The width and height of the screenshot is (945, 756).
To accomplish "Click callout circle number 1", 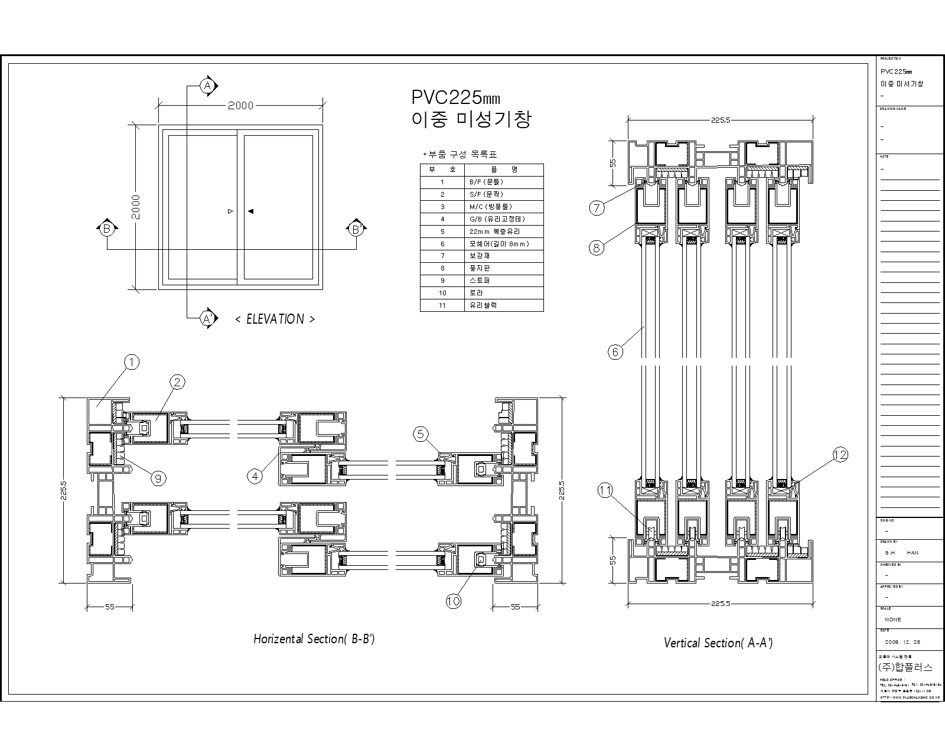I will pos(132,361).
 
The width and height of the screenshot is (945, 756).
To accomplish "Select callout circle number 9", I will pos(158,478).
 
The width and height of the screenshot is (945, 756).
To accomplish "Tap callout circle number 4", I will pos(255,475).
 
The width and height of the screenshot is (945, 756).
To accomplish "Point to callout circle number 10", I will pos(453,601).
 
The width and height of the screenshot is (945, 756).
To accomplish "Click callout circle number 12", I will pos(840,454).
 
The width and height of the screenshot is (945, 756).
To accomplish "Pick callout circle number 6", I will pos(615,352).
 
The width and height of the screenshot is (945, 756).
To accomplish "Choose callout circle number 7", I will pos(597,208).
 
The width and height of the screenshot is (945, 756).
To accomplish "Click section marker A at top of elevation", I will pos(207,86).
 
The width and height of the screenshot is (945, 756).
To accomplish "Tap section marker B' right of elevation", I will pos(356,229).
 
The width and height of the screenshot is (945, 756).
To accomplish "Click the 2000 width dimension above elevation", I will pos(240,106).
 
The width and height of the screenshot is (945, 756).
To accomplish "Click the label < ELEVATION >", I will pos(275,319).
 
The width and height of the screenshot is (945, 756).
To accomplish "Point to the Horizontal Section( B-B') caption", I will pos(314,639).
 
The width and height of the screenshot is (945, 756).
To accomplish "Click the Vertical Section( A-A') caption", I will pos(718,643).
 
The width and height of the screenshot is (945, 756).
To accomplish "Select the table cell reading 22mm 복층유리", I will pos(494,232).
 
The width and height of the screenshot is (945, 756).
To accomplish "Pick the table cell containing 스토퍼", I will pos(480,281).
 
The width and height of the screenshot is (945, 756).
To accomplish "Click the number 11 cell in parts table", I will pos(442,305).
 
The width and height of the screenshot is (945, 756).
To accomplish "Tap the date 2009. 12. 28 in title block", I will pos(902,641).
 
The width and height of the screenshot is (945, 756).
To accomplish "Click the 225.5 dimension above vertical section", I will pos(721,120).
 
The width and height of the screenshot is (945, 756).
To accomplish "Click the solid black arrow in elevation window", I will pos(250,211).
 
